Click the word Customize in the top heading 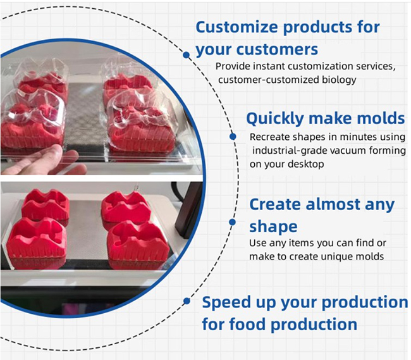pos(236,27)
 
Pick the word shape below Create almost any pos(273,227)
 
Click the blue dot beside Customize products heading pos(186,55)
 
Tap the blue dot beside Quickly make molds pos(233,137)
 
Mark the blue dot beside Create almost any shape pos(232,222)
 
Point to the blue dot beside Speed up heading pos(187,301)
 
